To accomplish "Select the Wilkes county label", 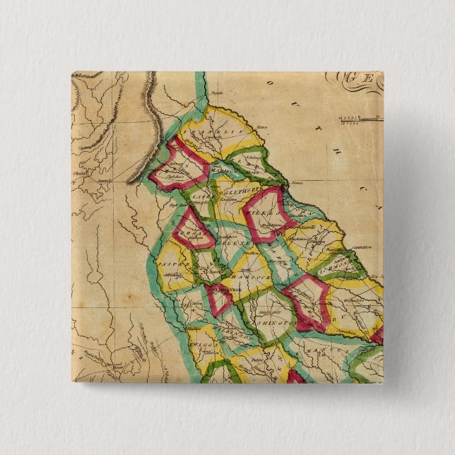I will coord(264,214).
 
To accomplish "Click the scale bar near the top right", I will coord(357,119).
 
